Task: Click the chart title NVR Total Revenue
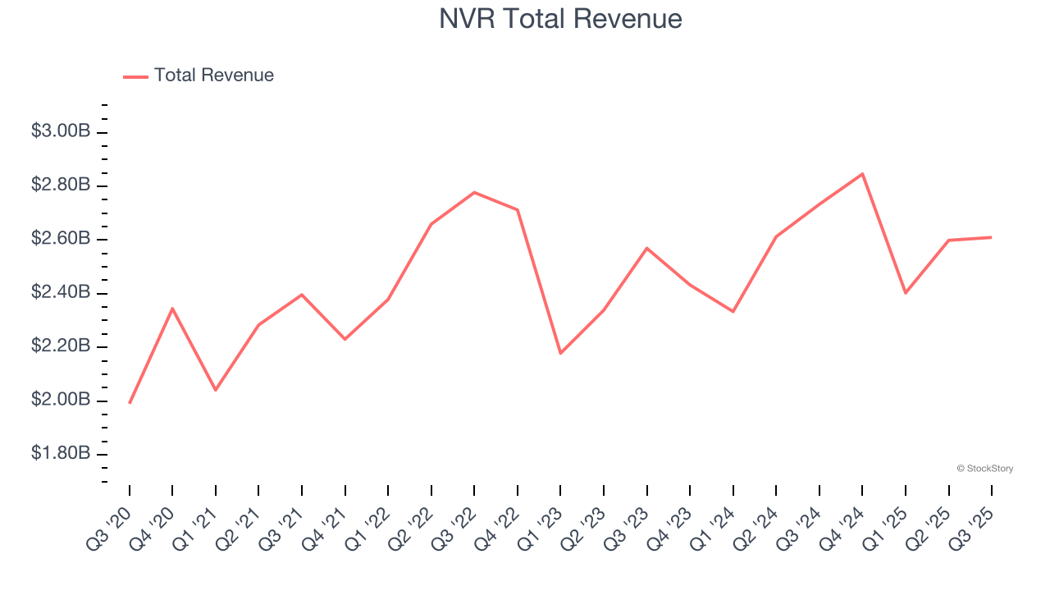pyautogui.click(x=560, y=18)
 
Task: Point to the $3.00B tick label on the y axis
pyautogui.click(x=61, y=131)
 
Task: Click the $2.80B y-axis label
pyautogui.click(x=61, y=186)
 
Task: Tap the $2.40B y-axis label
pyautogui.click(x=61, y=293)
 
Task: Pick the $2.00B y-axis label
pyautogui.click(x=61, y=401)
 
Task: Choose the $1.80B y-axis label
pyautogui.click(x=61, y=454)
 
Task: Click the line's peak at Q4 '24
pyautogui.click(x=862, y=174)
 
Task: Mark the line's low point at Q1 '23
pyautogui.click(x=560, y=353)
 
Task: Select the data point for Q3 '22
pyautogui.click(x=474, y=192)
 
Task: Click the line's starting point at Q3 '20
pyautogui.click(x=130, y=403)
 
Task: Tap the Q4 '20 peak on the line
pyautogui.click(x=172, y=308)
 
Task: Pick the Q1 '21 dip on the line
pyautogui.click(x=216, y=390)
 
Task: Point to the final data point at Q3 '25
pyautogui.click(x=991, y=237)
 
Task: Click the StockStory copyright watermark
pyautogui.click(x=984, y=469)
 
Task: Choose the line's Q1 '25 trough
pyautogui.click(x=906, y=293)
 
